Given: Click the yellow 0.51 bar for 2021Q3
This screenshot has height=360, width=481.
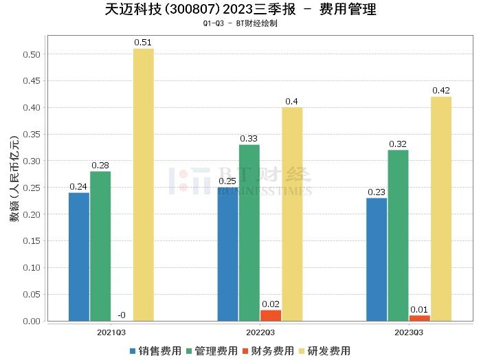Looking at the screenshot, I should [143, 184].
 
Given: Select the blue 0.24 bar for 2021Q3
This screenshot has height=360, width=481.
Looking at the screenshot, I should [79, 256].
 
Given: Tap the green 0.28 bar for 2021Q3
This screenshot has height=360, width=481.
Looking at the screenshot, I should [100, 245].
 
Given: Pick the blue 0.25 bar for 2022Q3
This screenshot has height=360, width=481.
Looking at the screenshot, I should [227, 254].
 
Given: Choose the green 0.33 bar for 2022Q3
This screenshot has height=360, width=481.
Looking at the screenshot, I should [249, 232].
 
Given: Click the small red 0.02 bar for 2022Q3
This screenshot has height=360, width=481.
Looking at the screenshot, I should [271, 315].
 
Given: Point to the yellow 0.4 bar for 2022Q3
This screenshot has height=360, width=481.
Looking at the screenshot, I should [292, 214].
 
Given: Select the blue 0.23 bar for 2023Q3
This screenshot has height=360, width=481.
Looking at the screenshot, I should [377, 259].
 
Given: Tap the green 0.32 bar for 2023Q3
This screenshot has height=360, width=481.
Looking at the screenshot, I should [398, 235].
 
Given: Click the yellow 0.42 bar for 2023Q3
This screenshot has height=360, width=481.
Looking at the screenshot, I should [441, 208].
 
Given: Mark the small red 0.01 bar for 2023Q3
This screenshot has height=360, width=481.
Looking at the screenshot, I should [419, 318].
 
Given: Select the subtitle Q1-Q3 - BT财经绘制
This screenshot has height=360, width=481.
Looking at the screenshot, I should [240, 24].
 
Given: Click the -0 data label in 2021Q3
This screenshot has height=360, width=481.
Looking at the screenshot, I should [121, 315].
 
